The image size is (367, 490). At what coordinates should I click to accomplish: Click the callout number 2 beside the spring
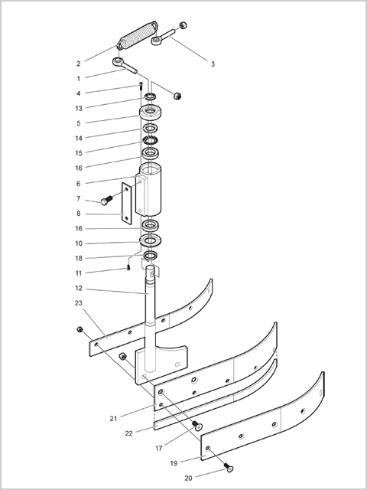click(x=78, y=64)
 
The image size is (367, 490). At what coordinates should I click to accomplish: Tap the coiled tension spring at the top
click(x=138, y=35)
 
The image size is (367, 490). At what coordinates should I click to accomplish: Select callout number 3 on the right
click(x=213, y=64)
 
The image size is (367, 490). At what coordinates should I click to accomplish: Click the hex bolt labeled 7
click(x=106, y=200)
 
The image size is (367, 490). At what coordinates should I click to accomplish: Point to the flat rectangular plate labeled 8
click(x=126, y=204)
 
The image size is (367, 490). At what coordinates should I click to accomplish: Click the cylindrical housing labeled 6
click(x=148, y=189)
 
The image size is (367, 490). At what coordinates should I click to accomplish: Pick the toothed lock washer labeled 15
click(x=150, y=140)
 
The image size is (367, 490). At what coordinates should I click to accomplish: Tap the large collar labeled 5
click(x=150, y=113)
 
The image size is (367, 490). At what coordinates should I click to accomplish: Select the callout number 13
click(x=78, y=109)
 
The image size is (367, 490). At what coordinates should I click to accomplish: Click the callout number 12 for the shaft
click(x=78, y=289)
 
